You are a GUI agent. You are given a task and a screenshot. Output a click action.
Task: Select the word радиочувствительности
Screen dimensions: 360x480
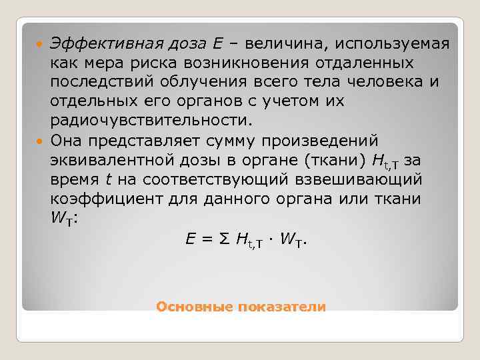pyautogui.click(x=151, y=121)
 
